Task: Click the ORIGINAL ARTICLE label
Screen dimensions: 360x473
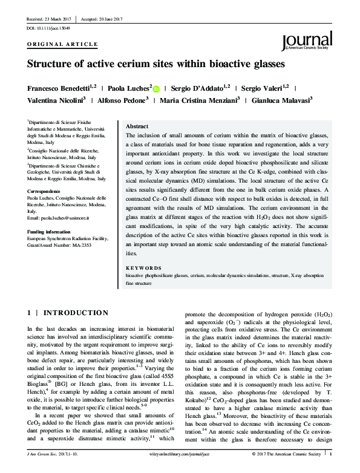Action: pyautogui.click(x=63, y=45)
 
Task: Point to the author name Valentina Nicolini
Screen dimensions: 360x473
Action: pyautogui.click(x=55, y=100)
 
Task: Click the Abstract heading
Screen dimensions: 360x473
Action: pyautogui.click(x=136, y=120)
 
